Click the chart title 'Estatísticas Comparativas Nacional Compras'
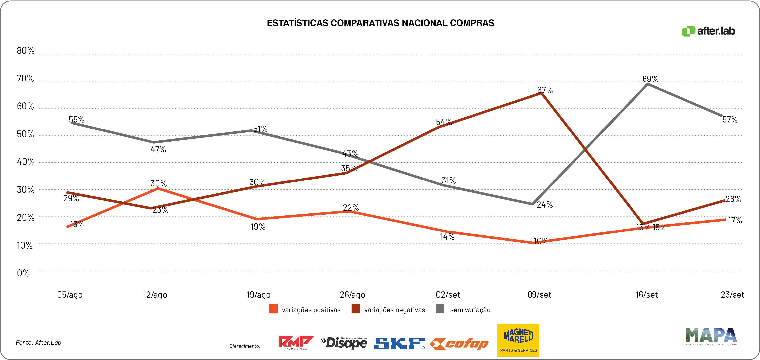point(380,23)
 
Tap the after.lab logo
point(708,31)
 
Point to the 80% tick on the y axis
point(25,51)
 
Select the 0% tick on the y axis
point(23,273)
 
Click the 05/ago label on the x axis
point(70,294)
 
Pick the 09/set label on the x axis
point(539,294)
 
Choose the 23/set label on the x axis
point(732,294)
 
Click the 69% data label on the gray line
point(650,79)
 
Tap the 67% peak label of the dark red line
point(545,90)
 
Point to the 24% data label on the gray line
point(545,204)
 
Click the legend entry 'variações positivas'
point(311,310)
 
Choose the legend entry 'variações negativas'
point(394,310)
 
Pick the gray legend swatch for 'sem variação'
point(440,309)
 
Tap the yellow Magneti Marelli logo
point(518,340)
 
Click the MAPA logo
point(711,336)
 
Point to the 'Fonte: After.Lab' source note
point(38,343)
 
